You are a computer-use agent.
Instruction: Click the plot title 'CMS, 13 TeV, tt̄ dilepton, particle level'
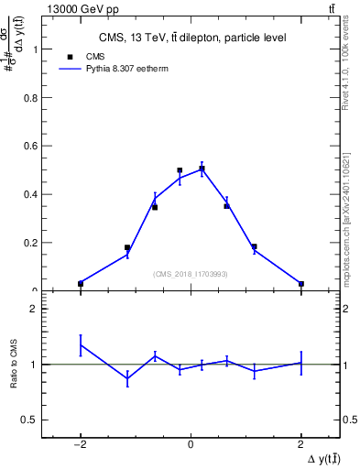pyautogui.click(x=192, y=38)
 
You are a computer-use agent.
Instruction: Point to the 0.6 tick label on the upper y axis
pyautogui.click(x=32, y=147)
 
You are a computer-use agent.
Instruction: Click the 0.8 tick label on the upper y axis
pyautogui.click(x=32, y=98)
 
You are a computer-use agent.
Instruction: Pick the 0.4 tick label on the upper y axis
pyautogui.click(x=32, y=195)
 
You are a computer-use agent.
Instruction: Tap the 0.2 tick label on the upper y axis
pyautogui.click(x=32, y=243)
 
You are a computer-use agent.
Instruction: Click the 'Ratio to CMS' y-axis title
pyautogui.click(x=14, y=365)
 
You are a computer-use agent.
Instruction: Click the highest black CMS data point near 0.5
pyautogui.click(x=202, y=169)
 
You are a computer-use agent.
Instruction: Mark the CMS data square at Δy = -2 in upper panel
pyautogui.click(x=81, y=284)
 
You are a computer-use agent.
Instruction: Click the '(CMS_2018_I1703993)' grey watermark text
pyautogui.click(x=191, y=274)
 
